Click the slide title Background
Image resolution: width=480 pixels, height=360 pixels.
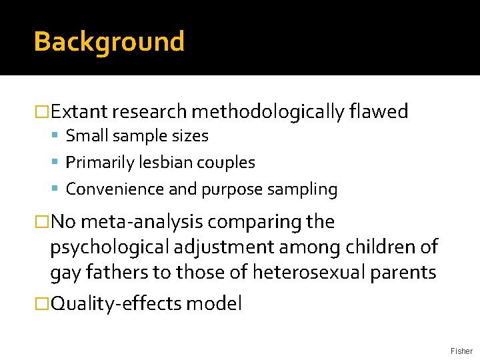(109, 41)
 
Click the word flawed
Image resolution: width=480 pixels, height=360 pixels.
(378, 111)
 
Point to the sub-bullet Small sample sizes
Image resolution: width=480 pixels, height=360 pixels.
(137, 136)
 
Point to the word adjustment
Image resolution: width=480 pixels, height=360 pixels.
(221, 247)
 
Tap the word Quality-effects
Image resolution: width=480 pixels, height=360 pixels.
(117, 304)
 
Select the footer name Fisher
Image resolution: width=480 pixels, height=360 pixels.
(461, 351)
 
